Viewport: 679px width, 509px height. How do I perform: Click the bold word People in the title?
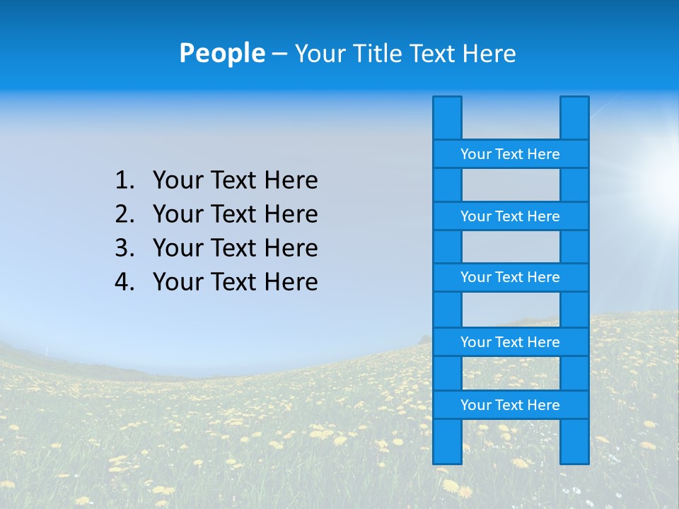[x=221, y=53]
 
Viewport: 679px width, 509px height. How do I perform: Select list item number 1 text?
[x=235, y=180]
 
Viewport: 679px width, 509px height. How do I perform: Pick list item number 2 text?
[x=235, y=214]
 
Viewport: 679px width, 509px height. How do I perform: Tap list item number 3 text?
[x=235, y=248]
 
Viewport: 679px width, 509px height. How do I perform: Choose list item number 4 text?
[x=235, y=282]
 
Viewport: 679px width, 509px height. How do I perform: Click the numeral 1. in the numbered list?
[x=124, y=180]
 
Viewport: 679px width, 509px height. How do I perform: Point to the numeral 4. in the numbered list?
[x=124, y=282]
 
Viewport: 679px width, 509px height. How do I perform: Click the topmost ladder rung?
[x=510, y=154]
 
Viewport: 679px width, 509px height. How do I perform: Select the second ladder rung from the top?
[x=510, y=216]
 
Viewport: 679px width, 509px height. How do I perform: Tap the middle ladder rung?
[x=510, y=277]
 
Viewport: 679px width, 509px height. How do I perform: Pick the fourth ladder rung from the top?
[x=510, y=342]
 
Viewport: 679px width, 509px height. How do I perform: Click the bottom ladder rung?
[x=510, y=405]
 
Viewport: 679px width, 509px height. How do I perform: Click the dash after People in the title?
[x=279, y=54]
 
